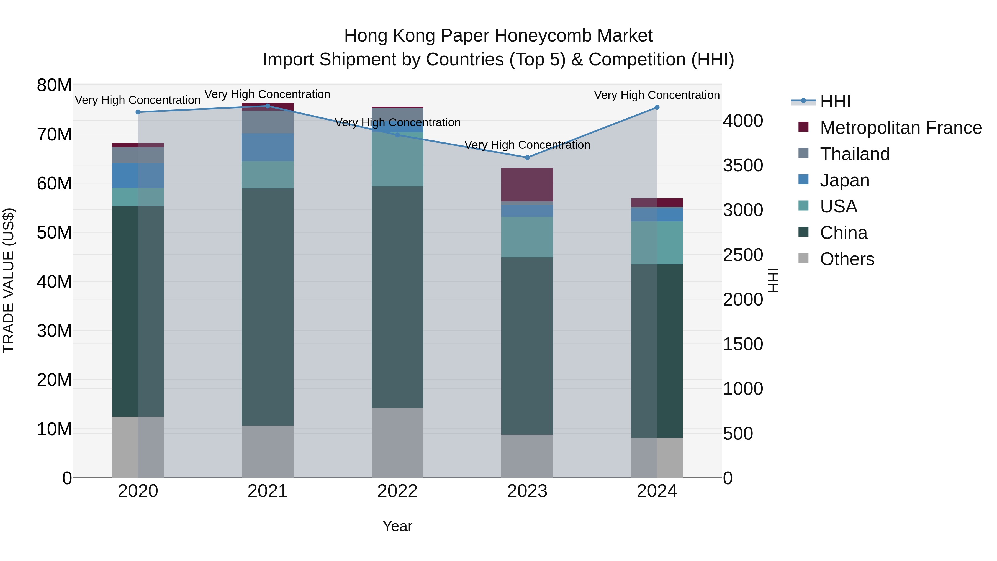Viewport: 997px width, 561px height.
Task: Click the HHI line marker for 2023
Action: (527, 158)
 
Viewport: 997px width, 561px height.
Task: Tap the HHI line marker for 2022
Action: (397, 135)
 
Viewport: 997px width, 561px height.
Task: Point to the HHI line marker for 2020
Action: (138, 112)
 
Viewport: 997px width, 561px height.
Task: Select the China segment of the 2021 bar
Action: (268, 307)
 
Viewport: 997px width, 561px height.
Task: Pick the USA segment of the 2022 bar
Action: (397, 160)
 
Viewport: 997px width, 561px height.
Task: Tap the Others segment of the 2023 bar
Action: (527, 456)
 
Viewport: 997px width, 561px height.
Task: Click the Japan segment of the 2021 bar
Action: (268, 147)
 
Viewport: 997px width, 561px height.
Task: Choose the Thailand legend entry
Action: (855, 154)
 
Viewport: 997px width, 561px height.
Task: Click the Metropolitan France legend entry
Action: (901, 128)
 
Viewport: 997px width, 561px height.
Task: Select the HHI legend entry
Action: (835, 101)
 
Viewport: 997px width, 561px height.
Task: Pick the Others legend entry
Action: (847, 259)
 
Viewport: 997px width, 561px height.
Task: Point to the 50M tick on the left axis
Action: (54, 233)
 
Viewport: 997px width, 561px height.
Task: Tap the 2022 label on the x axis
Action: (397, 491)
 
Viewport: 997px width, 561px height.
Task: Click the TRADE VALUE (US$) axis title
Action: (9, 280)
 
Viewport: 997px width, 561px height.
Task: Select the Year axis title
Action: (397, 526)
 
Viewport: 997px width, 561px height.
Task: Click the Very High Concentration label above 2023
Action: (527, 145)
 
